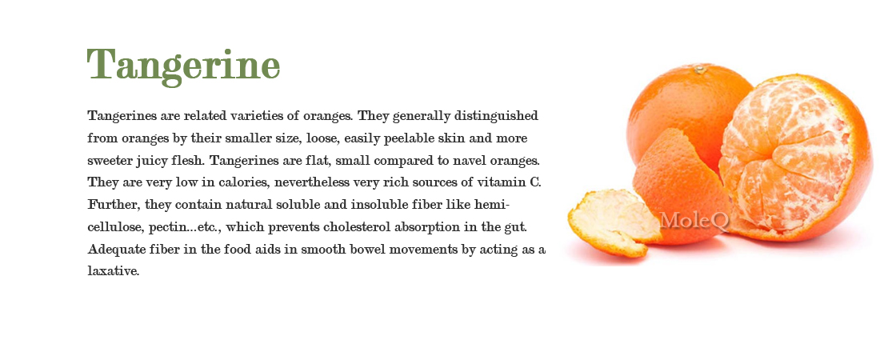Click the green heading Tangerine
(x=183, y=64)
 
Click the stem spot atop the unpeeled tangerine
(x=701, y=70)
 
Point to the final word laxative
(x=114, y=271)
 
